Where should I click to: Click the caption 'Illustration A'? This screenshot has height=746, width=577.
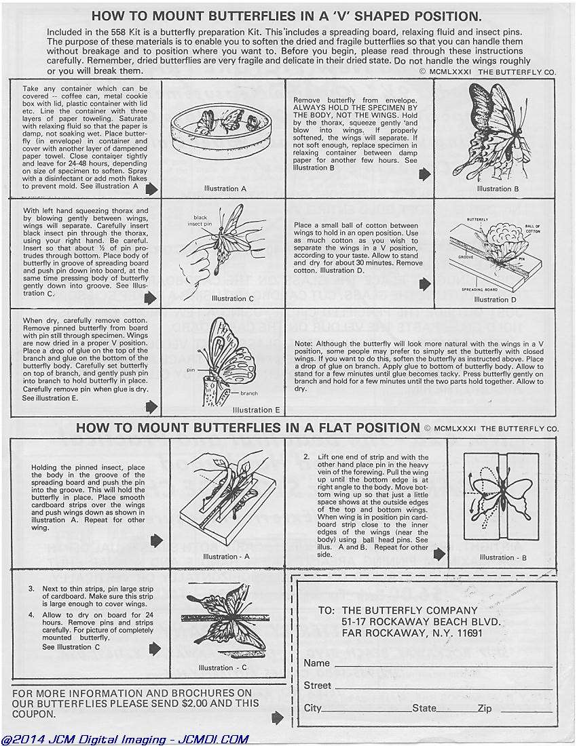tap(223, 189)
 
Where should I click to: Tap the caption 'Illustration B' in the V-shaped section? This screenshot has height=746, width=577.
tap(498, 189)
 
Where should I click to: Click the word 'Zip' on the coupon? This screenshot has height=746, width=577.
tap(484, 708)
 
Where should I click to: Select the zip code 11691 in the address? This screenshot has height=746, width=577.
tap(468, 633)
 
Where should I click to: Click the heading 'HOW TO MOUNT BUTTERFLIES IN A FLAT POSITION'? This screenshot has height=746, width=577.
tap(248, 428)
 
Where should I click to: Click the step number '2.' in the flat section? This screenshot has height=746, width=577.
tap(307, 457)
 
